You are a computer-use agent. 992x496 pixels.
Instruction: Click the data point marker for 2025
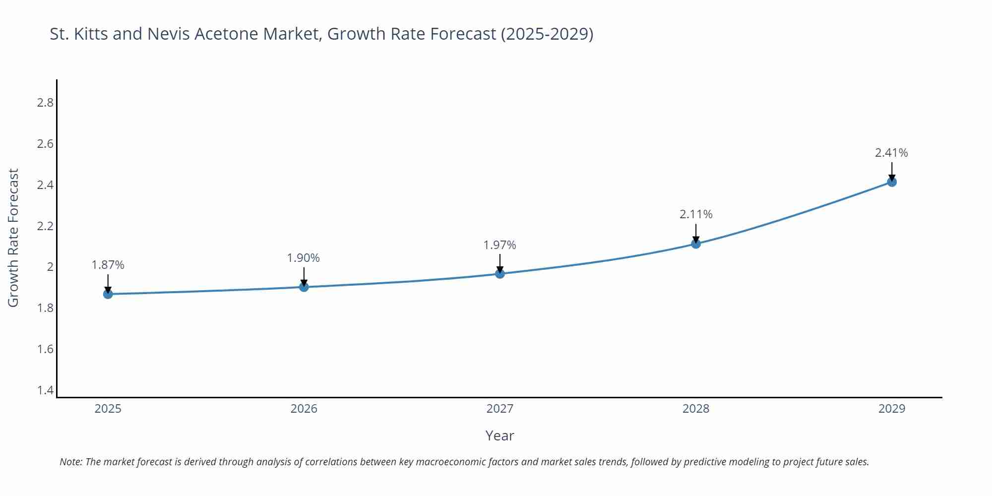click(108, 294)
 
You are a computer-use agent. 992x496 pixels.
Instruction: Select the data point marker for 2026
click(304, 287)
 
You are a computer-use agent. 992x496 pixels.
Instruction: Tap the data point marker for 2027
click(500, 273)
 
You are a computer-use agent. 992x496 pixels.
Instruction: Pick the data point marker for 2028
click(696, 244)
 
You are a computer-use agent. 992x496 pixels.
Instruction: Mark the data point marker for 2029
click(892, 182)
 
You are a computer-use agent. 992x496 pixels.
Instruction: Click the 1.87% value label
click(108, 265)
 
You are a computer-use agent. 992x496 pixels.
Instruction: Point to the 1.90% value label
click(304, 258)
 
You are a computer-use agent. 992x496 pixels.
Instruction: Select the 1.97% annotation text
click(500, 245)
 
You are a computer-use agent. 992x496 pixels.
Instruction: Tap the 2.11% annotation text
click(696, 214)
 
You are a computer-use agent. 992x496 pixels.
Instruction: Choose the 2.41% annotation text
click(891, 153)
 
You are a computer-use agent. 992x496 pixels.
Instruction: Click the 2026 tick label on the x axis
click(304, 409)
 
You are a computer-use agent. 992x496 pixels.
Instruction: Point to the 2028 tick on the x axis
click(696, 409)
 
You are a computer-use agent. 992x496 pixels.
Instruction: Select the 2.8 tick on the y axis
click(45, 103)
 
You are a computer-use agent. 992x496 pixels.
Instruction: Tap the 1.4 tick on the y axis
click(45, 390)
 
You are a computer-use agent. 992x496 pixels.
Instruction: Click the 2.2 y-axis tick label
click(45, 226)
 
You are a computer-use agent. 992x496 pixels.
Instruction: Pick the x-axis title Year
click(499, 435)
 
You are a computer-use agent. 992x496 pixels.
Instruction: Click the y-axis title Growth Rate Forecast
click(13, 238)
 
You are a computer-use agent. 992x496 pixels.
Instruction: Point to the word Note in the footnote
click(70, 462)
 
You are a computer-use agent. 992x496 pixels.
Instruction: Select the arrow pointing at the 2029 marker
click(892, 171)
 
